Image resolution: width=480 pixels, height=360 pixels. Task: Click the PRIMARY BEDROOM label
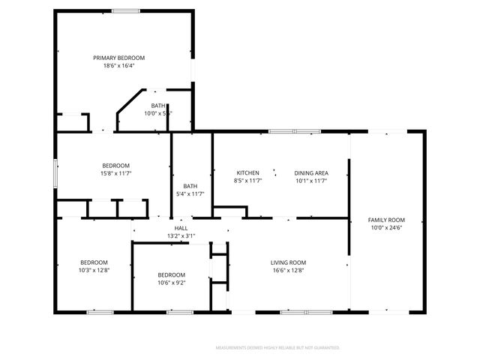point(118,58)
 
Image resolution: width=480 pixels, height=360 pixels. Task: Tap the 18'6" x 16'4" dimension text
point(118,65)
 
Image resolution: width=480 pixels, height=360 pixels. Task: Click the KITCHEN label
point(247,172)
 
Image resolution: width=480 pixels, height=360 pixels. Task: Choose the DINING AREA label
point(311,172)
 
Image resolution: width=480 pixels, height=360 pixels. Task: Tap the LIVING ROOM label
point(288,262)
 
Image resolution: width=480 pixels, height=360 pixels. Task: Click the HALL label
point(181,228)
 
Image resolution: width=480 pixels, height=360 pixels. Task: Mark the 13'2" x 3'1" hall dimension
point(181,235)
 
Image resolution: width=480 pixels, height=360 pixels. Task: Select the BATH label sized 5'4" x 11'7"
point(190,186)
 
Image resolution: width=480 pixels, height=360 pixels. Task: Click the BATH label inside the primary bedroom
point(158,106)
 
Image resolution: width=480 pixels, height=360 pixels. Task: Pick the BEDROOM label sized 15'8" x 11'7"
point(116,166)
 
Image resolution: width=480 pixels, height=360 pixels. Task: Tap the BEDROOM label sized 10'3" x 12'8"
point(94,262)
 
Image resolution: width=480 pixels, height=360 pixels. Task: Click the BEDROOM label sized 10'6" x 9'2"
point(171,274)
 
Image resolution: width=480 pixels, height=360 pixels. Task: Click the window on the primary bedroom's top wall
point(125,10)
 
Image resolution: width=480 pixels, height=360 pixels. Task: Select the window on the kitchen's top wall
point(295,131)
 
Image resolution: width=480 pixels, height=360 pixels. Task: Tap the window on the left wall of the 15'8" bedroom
point(55,169)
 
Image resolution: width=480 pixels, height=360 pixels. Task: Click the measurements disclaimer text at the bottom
point(277,348)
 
